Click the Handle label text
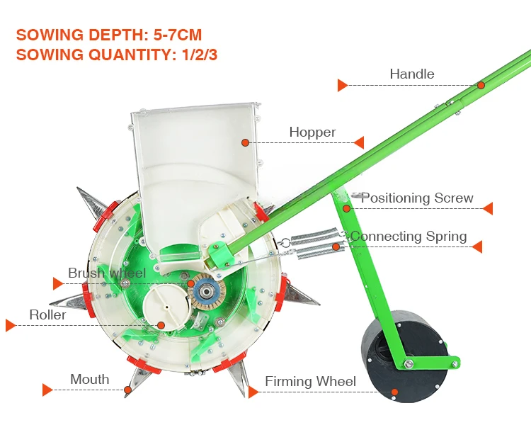click(412, 74)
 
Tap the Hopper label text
click(312, 132)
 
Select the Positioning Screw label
click(417, 198)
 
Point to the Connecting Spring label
click(409, 237)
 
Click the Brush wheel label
click(107, 273)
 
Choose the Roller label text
click(47, 314)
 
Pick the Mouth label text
click(90, 380)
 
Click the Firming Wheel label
click(310, 382)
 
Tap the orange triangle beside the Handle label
click(343, 86)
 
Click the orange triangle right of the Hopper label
click(359, 142)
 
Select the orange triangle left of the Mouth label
click(47, 390)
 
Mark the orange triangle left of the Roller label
click(11, 325)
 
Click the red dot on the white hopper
click(245, 142)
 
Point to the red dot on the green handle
click(481, 85)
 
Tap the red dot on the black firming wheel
click(395, 392)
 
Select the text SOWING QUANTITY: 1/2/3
click(116, 55)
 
